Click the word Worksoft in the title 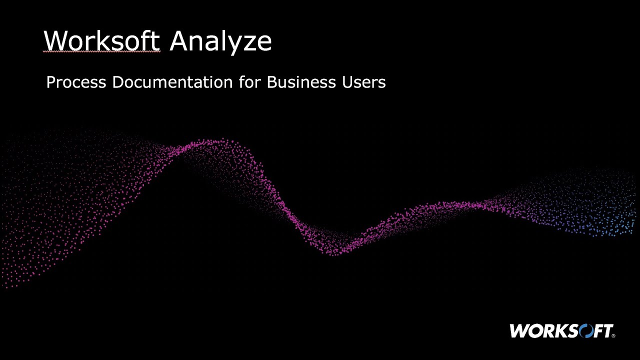(101, 40)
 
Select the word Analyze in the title (220, 41)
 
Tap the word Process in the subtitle (76, 82)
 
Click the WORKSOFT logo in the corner (562, 331)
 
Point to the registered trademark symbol (613, 336)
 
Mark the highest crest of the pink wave (210, 142)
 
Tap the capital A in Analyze (179, 40)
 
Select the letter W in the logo (519, 331)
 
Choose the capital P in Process (50, 82)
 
